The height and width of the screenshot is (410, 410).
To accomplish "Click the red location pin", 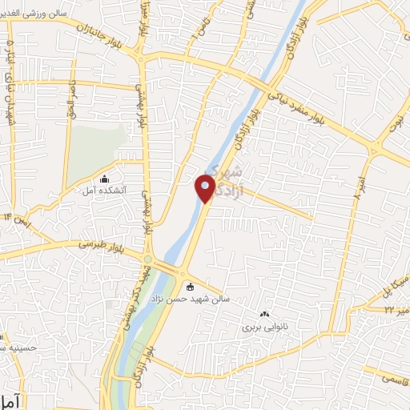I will [205, 188].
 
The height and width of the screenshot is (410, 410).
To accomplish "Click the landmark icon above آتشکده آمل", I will [104, 179].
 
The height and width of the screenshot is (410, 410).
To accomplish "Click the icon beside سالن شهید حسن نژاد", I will [190, 287].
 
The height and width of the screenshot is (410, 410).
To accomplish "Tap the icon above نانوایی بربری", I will [265, 315].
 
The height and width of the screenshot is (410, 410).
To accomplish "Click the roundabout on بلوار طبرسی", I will [149, 259].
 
